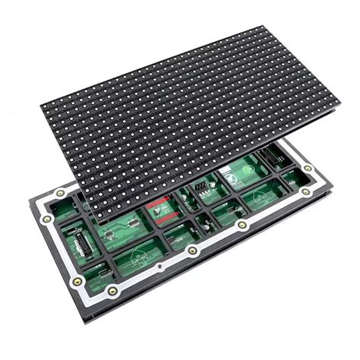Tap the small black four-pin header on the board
click(x=201, y=187)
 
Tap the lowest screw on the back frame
click(x=112, y=291)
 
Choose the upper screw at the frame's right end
click(x=308, y=168)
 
